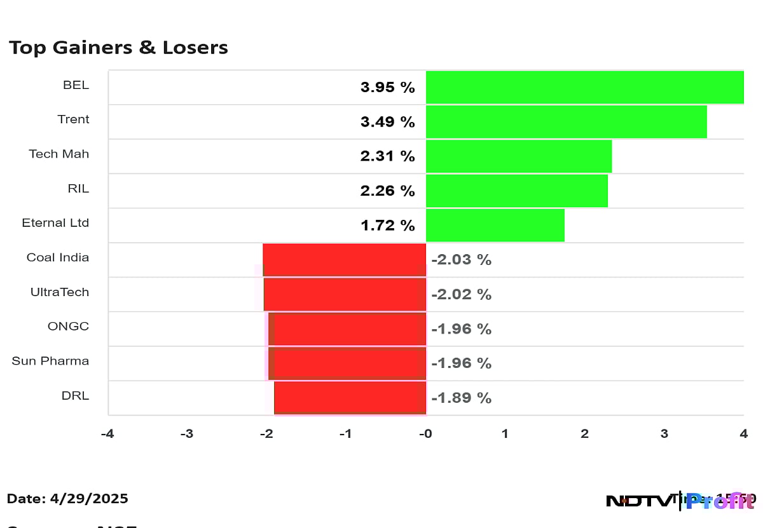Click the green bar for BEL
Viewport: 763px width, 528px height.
pos(584,87)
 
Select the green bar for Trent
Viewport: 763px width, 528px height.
pos(566,121)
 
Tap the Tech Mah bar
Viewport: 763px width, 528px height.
pos(518,156)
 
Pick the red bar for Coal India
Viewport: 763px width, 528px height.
pos(344,260)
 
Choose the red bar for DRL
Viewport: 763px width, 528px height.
pos(350,398)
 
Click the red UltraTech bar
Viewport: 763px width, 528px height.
pos(345,294)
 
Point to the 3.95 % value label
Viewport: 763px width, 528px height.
pos(387,88)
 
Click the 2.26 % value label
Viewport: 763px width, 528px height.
pos(387,191)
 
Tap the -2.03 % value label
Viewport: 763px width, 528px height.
pos(461,260)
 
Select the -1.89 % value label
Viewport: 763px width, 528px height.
pos(461,398)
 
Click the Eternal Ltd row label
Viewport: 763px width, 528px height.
pos(55,223)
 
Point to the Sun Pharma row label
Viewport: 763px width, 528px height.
pos(50,361)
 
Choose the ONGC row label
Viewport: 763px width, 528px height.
pos(68,327)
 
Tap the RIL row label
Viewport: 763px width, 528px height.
pos(78,188)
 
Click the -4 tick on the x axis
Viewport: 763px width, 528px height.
pos(107,434)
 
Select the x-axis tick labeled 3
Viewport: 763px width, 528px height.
pos(664,434)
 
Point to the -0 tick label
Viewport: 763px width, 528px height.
pos(425,434)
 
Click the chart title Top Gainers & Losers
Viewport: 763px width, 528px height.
pos(118,48)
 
